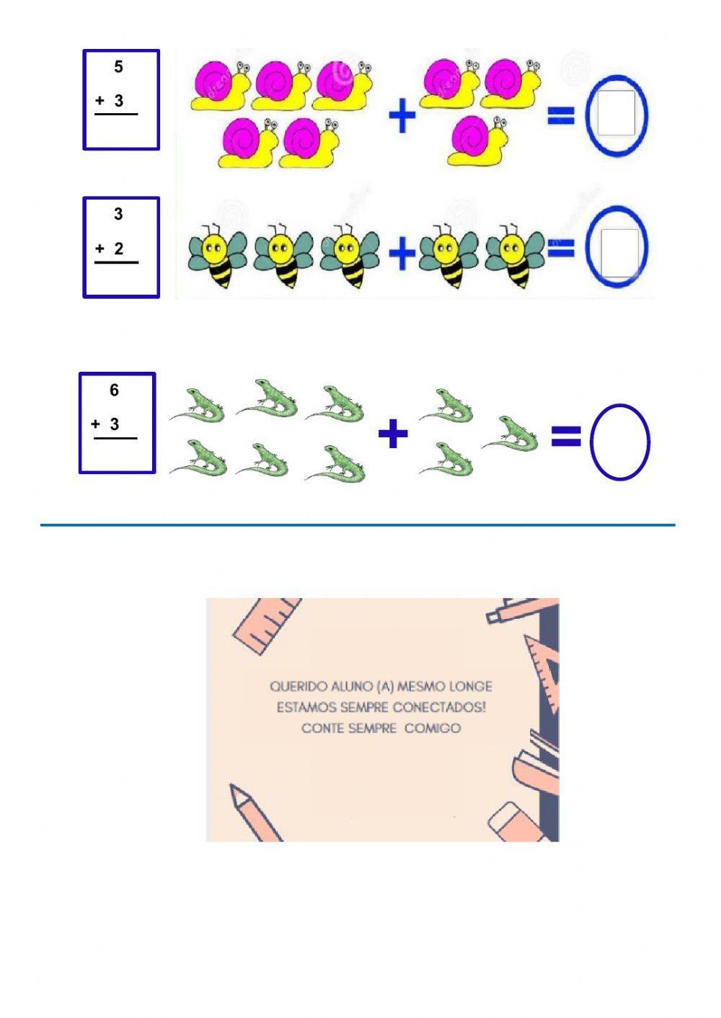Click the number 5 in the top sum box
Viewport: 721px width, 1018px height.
pyautogui.click(x=118, y=67)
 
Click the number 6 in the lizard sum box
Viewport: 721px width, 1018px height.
pyautogui.click(x=114, y=390)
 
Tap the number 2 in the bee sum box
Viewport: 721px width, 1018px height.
pyautogui.click(x=119, y=249)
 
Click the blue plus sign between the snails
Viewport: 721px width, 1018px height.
pyautogui.click(x=402, y=116)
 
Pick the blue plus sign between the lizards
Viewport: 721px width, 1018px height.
pyautogui.click(x=393, y=434)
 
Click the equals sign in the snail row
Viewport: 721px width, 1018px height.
pyautogui.click(x=561, y=115)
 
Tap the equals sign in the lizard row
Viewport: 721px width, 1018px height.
pyautogui.click(x=566, y=436)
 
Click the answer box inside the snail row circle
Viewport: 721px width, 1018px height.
pyautogui.click(x=616, y=114)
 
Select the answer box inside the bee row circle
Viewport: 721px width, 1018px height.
pyautogui.click(x=618, y=251)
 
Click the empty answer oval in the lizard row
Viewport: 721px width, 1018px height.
pyautogui.click(x=620, y=442)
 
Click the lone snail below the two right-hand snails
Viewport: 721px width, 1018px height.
pyautogui.click(x=476, y=140)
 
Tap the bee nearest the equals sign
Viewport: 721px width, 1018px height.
pyautogui.click(x=515, y=256)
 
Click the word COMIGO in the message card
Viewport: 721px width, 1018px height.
pyautogui.click(x=432, y=728)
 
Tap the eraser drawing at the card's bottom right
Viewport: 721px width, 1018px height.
pyautogui.click(x=515, y=821)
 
